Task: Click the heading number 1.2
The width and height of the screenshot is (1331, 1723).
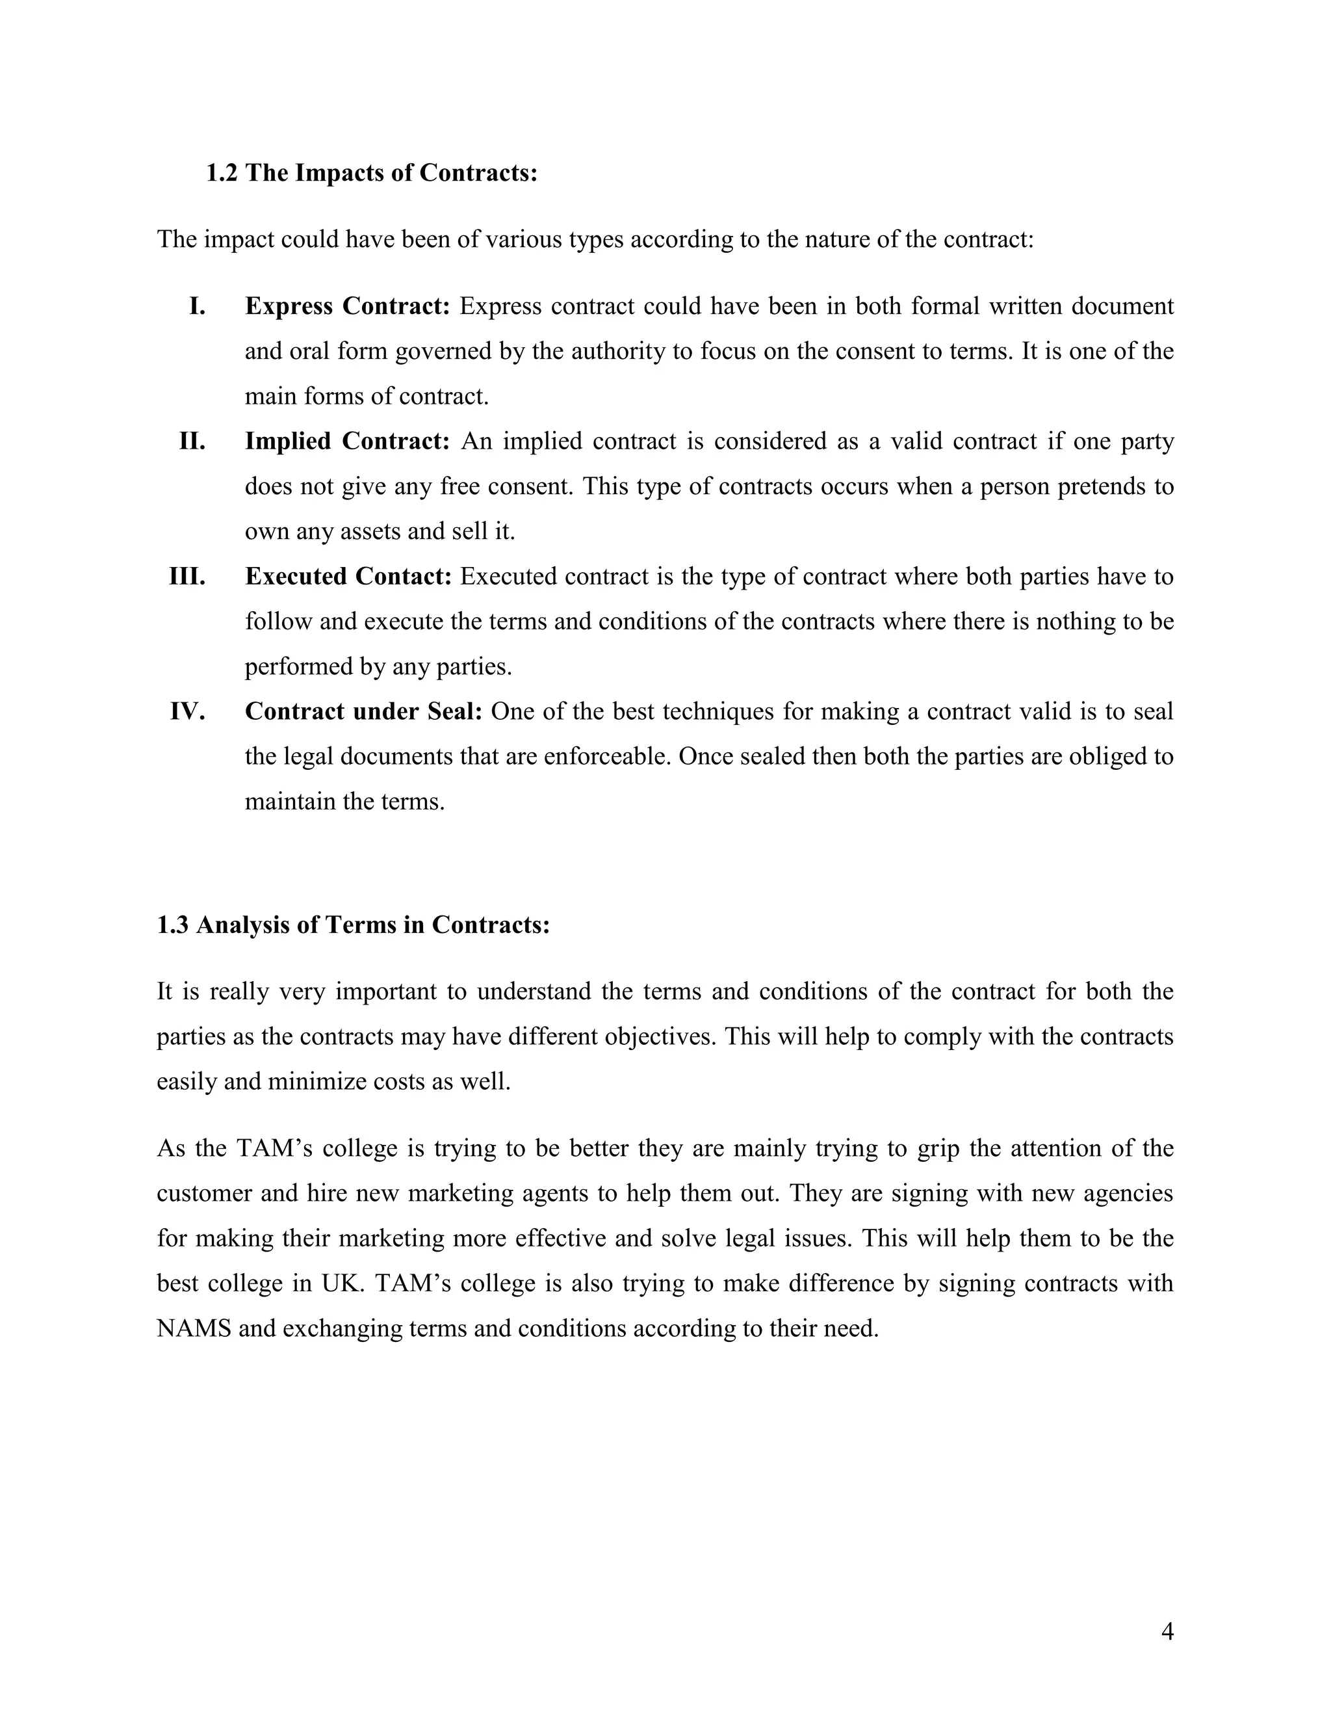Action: point(222,173)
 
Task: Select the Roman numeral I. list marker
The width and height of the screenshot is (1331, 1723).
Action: point(197,306)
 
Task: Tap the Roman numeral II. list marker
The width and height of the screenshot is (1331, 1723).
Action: point(192,441)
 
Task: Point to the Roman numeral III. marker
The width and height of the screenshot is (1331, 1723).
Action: point(187,577)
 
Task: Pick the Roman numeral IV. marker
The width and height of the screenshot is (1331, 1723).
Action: point(188,711)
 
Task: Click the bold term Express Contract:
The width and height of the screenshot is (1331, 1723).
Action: point(347,306)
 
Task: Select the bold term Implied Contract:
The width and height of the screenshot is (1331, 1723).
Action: point(347,441)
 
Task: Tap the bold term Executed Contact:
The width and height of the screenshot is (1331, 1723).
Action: point(348,577)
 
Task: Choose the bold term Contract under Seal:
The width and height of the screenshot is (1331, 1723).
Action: point(363,711)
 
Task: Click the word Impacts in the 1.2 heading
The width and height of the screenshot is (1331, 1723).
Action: point(340,173)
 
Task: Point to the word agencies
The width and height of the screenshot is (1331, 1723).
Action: point(1128,1194)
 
